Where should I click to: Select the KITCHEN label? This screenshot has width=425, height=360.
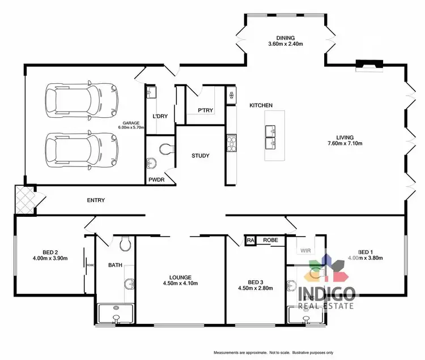261,105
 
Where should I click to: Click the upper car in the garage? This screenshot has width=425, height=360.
82,100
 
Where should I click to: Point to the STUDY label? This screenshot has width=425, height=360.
201,156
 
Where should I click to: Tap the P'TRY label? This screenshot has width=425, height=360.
205,110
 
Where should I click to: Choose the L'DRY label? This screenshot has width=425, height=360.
159,117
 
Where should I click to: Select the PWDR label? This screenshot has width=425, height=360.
156,180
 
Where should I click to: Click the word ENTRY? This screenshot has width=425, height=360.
96,200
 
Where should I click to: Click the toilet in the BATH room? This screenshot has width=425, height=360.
126,243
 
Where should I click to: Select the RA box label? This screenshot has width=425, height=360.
250,241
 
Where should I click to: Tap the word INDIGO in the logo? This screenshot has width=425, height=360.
328,293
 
